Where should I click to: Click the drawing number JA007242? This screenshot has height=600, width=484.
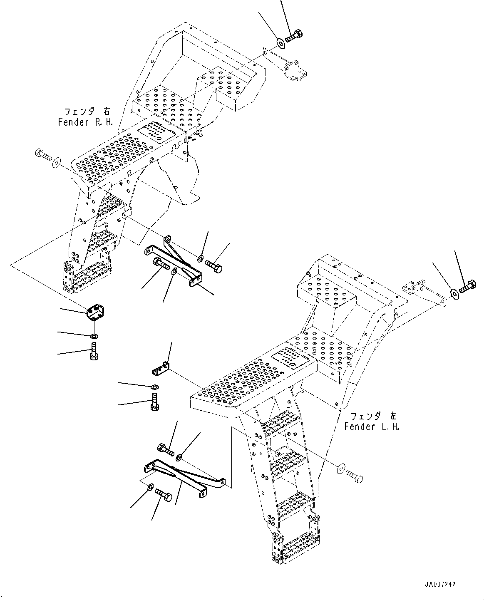point(441,584)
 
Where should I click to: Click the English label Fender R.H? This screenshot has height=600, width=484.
point(85,122)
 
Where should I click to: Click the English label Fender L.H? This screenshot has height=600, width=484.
point(371,427)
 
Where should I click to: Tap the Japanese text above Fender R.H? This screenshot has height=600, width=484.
point(87,112)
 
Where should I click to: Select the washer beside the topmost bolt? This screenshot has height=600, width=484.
point(280,42)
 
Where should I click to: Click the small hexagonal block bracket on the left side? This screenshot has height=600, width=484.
point(96,312)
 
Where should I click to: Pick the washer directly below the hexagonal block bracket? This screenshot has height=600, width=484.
point(95,335)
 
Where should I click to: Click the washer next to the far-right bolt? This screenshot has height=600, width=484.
point(454,293)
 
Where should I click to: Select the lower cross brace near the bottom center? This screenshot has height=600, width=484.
point(183,476)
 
